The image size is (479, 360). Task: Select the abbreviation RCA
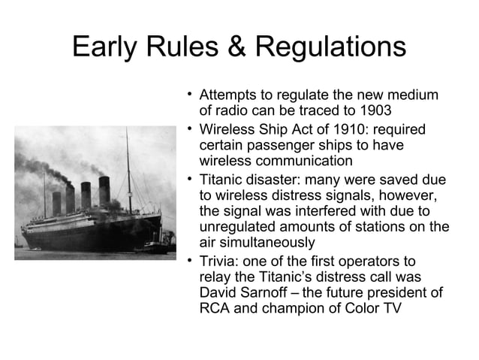coord(215,308)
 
